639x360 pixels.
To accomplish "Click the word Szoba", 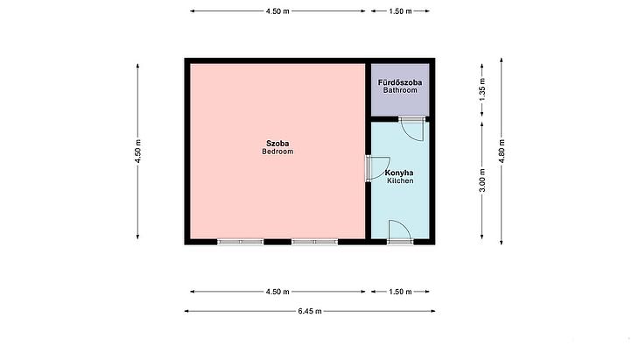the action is click(277, 144).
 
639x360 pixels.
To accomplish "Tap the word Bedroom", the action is click(277, 152).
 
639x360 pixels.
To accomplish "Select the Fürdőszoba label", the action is click(400, 82).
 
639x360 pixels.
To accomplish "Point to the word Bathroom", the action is click(400, 90).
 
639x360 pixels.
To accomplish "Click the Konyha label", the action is click(399, 173).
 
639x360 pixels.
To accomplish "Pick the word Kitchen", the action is click(400, 180).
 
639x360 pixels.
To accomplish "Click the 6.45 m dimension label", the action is click(310, 311).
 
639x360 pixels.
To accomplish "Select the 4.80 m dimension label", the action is click(502, 151).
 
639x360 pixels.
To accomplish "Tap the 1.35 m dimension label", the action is click(482, 89).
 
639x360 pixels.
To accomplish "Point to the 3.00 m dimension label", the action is click(482, 180).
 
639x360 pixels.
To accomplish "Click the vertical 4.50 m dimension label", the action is click(137, 152).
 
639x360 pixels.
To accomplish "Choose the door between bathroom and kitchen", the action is click(411, 128).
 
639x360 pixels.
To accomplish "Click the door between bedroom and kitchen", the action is click(377, 168).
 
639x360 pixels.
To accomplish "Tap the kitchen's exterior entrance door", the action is click(399, 232).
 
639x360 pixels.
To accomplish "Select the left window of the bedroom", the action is click(241, 242).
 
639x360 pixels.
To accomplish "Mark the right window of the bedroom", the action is click(314, 242).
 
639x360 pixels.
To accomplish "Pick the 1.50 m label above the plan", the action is click(400, 11).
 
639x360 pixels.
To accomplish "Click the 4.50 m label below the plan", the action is click(277, 292).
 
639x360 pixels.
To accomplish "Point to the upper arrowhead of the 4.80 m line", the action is click(502, 60).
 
